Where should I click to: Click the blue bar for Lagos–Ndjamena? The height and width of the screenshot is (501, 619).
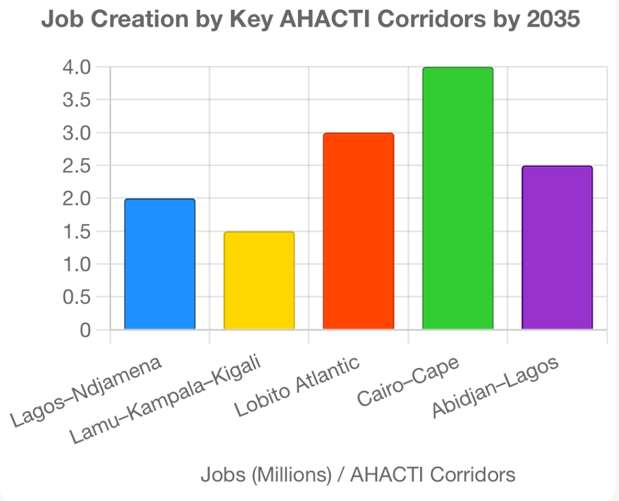[160, 264]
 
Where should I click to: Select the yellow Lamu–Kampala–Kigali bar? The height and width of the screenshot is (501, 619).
[259, 280]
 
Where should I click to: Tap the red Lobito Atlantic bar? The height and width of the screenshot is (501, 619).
[358, 231]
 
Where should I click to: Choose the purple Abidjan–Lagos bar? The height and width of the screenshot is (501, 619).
[557, 248]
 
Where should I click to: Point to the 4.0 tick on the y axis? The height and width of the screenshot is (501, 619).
[77, 66]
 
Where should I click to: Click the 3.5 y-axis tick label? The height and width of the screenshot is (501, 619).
[77, 100]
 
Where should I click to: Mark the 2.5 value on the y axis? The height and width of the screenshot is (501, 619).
[77, 166]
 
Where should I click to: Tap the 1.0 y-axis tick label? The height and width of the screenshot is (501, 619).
[77, 264]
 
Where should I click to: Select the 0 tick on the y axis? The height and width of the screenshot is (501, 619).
[85, 330]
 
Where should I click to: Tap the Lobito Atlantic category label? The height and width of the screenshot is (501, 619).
[298, 387]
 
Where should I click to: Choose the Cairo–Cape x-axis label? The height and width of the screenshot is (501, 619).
[409, 381]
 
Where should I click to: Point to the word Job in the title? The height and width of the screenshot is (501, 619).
[60, 19]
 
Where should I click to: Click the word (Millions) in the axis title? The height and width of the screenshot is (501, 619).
[294, 475]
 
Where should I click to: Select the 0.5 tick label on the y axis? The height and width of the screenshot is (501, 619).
[77, 297]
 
